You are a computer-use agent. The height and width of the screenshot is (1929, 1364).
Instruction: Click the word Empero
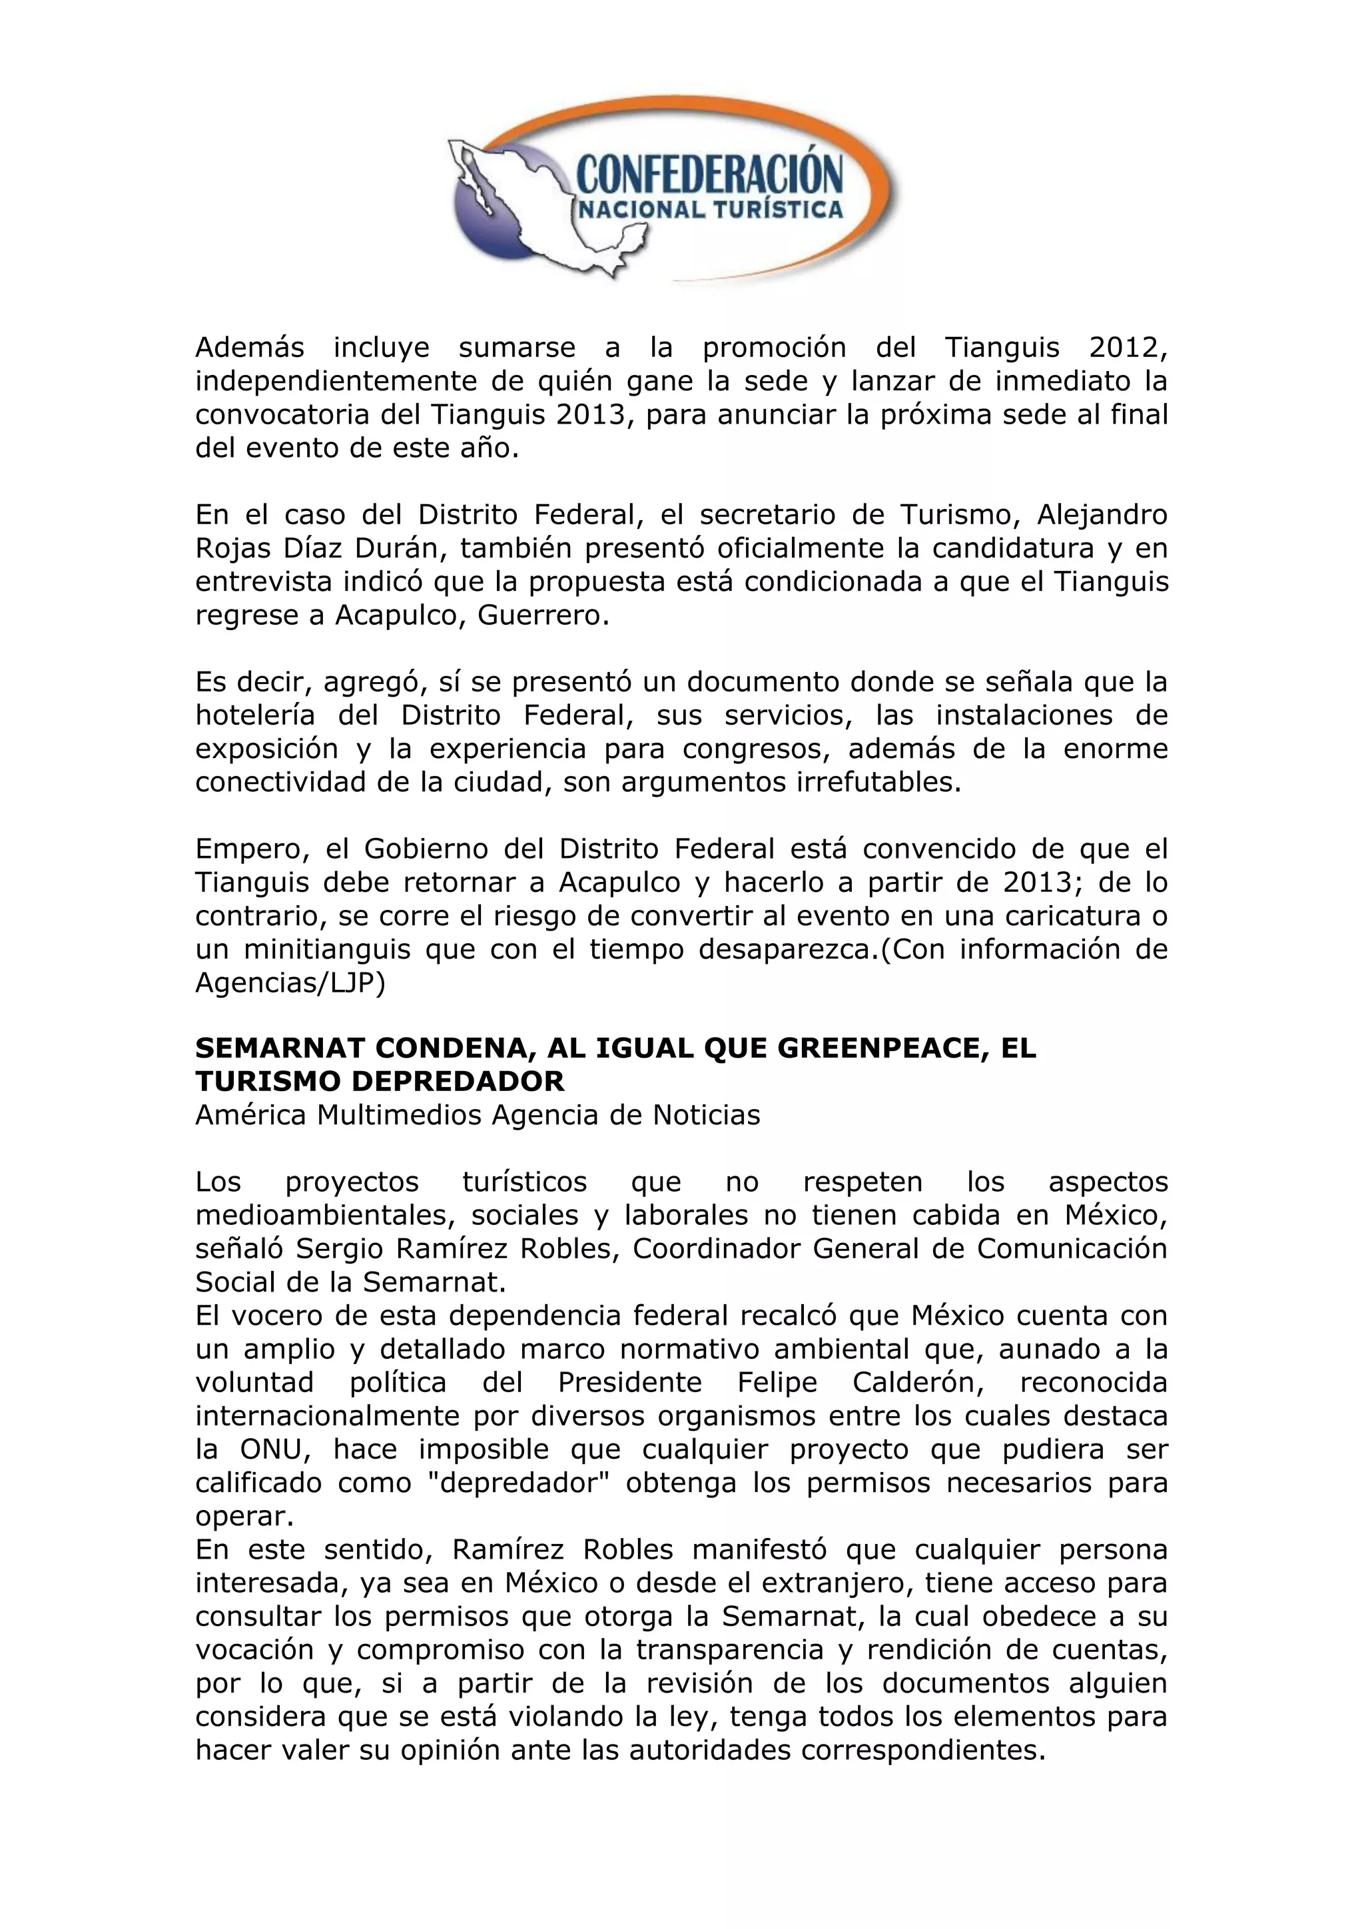point(248,849)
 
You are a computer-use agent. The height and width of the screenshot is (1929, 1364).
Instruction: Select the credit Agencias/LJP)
point(290,983)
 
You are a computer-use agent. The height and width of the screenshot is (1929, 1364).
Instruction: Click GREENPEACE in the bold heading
point(868,1048)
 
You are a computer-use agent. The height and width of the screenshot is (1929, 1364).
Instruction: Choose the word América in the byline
point(251,1115)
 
